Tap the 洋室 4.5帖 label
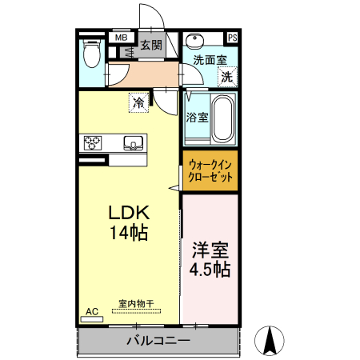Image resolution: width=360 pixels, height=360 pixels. pos(210,258)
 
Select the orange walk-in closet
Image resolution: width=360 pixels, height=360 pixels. pos(210,171)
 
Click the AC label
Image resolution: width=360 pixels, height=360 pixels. pos(91,311)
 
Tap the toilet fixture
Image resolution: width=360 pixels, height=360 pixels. pos(92,56)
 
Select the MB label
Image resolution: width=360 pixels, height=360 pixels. pos(122,37)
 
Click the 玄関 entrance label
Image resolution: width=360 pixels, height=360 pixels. pos(151,45)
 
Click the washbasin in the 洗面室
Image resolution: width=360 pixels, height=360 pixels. pos(194,42)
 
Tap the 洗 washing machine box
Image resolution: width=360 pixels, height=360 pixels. pos(228,78)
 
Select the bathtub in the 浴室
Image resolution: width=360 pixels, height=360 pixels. pos(222,117)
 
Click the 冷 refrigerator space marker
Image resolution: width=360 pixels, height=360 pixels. pos(139,103)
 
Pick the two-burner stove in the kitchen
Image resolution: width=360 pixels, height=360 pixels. pos(93,143)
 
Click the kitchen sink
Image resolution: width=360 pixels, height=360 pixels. pos(133,143)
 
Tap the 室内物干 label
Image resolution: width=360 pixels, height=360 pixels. pos(136,303)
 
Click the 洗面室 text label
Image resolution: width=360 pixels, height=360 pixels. pos(210,60)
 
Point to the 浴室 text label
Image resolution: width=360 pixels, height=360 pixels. pos(198,117)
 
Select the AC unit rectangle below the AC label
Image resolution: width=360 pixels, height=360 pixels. pos(92,318)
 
